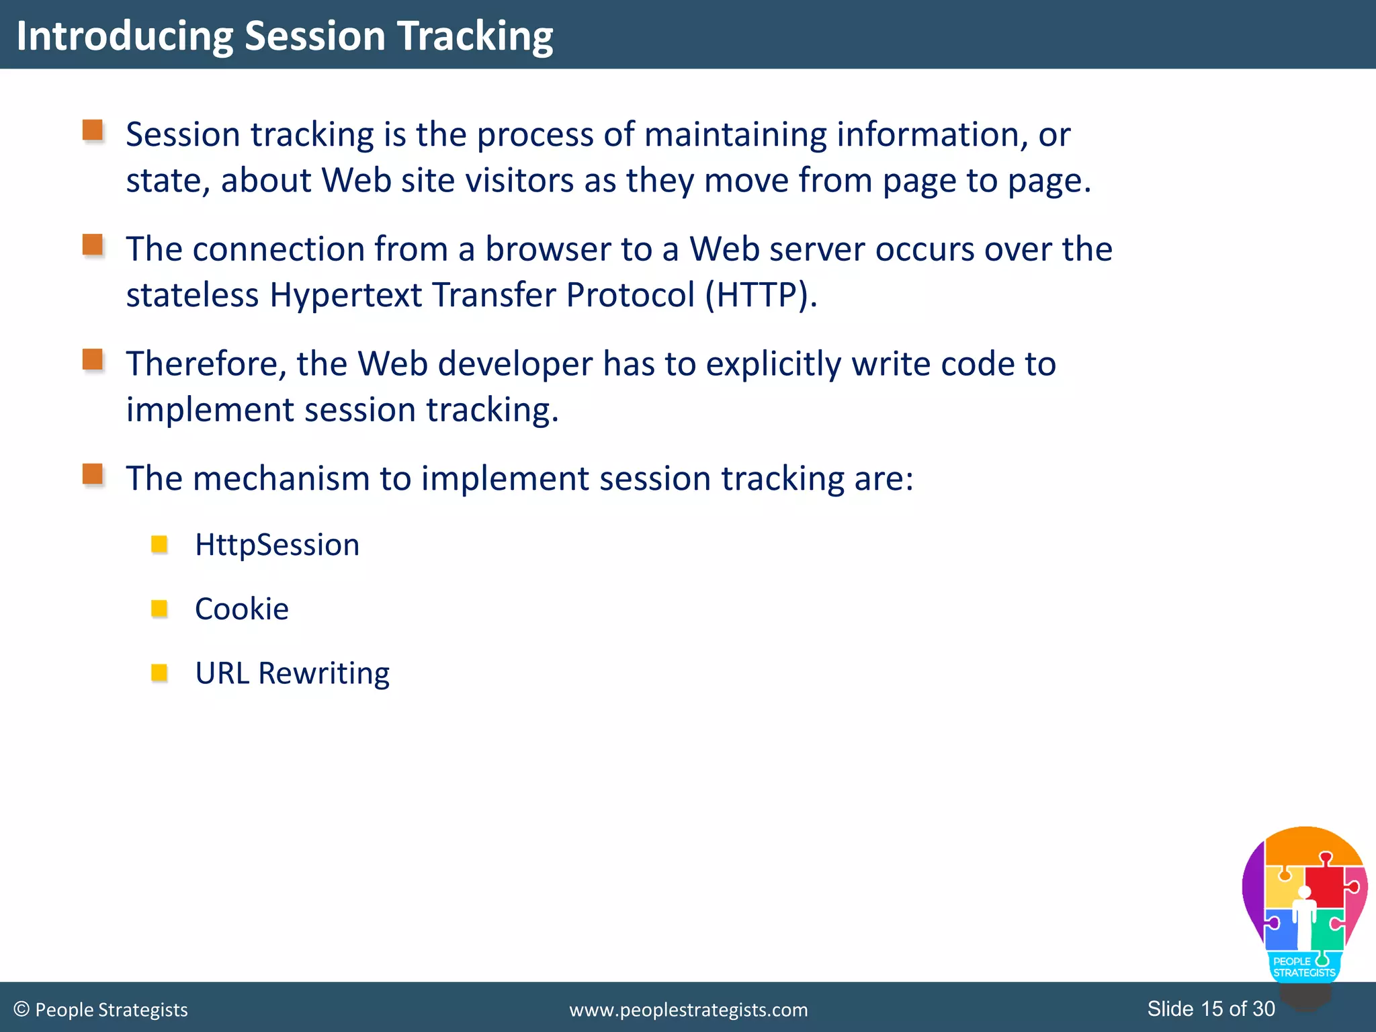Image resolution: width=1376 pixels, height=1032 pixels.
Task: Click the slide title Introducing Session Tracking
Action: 284,36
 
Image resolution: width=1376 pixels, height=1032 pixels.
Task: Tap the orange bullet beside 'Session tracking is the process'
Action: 93,130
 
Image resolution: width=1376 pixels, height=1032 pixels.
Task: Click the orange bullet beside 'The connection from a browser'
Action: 93,245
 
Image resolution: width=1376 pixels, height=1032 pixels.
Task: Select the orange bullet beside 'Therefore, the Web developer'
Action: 93,359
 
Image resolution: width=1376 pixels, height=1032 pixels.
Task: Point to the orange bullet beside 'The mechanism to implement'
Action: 93,474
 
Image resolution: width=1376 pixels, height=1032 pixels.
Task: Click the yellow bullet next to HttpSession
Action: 159,544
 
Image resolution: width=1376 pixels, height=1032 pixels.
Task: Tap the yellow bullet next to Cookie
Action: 159,608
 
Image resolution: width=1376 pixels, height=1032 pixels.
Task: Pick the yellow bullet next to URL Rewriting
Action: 159,672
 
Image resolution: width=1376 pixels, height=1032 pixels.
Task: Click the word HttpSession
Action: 277,545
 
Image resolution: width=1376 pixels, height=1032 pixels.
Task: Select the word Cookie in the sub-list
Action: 242,609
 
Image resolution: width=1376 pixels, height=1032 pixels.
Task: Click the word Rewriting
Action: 323,673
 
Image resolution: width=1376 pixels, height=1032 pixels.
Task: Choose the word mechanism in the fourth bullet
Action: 282,479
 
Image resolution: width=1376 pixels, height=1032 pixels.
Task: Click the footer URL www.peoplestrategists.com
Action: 688,1010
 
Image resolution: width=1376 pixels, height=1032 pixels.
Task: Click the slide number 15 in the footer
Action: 1211,1008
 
